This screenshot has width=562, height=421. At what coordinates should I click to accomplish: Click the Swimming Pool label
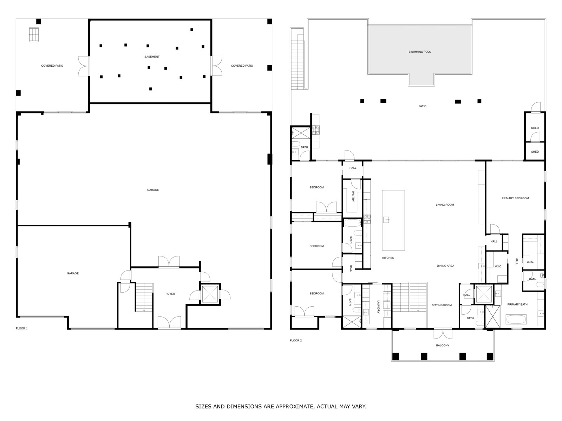420,52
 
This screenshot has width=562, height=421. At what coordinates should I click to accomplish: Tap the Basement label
152,57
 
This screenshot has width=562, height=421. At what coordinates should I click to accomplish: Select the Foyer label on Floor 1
170,294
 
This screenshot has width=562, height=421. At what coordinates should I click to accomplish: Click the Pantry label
353,196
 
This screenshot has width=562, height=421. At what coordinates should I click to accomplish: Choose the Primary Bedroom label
515,198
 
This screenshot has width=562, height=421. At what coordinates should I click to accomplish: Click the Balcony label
443,346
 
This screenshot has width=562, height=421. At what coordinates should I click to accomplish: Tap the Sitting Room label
442,305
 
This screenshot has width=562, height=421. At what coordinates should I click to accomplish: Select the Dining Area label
445,266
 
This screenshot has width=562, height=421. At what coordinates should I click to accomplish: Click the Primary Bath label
517,305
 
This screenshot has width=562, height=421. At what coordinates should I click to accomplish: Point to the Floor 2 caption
296,340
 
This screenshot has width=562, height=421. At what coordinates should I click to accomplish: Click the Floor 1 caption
21,328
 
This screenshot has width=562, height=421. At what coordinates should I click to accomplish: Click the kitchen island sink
387,220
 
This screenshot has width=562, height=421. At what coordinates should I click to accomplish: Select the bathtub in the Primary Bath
516,320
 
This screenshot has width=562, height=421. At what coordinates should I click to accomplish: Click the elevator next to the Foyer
210,294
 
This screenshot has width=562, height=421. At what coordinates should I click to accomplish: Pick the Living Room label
445,205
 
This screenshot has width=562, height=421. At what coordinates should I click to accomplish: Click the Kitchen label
388,258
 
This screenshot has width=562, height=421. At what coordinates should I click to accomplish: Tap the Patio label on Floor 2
422,106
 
